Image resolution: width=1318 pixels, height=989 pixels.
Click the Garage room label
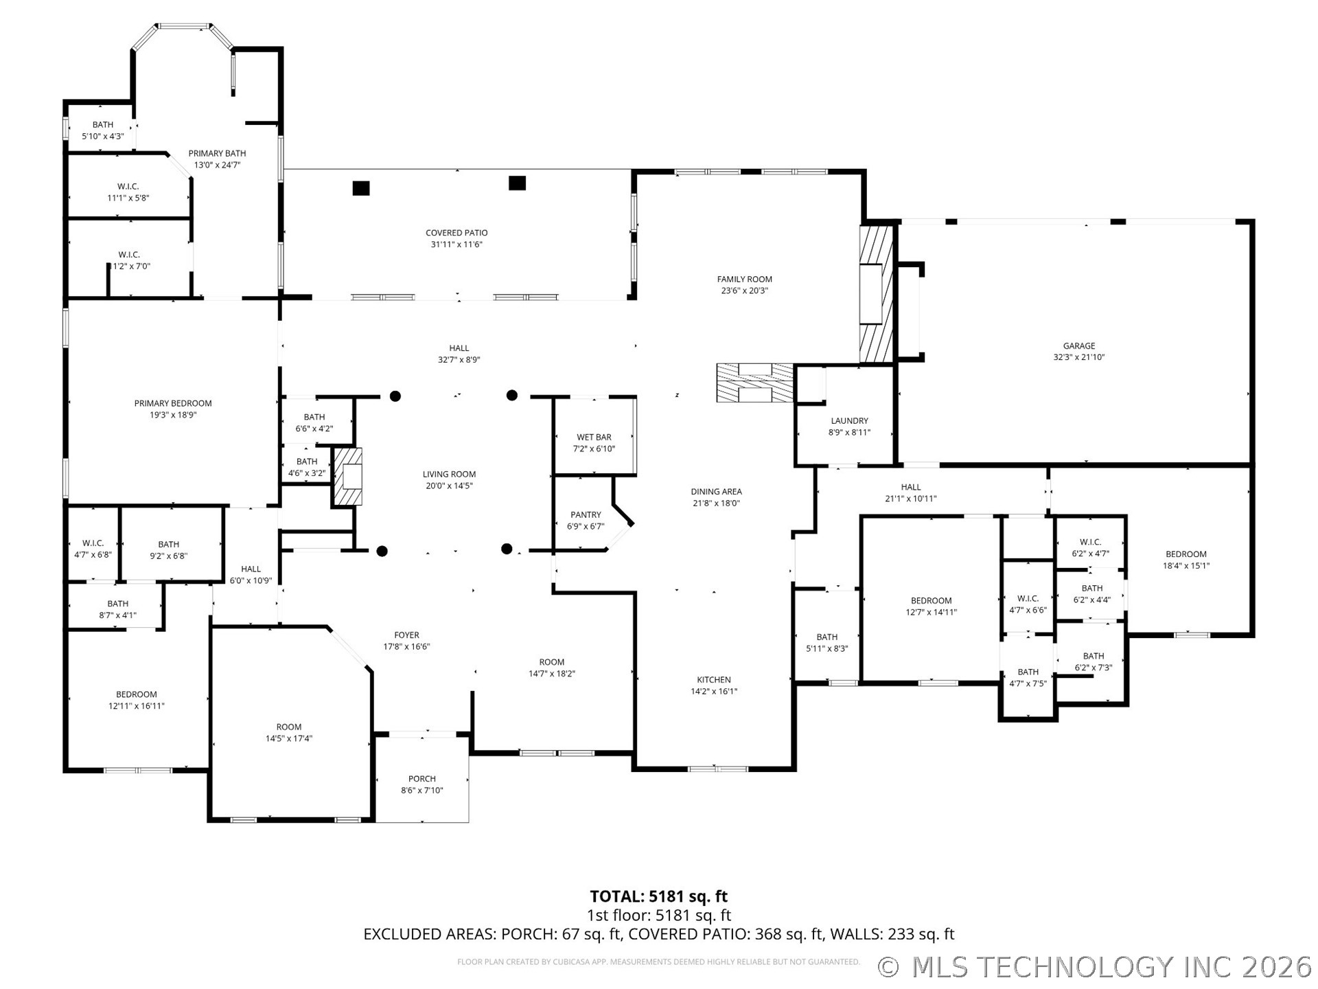1079,346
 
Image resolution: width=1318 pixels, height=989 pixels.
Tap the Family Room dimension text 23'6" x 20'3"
745,291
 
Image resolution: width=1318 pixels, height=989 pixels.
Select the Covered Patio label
456,233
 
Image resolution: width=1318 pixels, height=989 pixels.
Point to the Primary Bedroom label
173,403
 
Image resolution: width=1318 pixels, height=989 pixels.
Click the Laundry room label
850,421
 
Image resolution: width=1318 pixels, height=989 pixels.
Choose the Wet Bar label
594,437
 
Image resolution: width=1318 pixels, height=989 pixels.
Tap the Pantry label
586,515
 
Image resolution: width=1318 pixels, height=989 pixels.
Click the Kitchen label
714,680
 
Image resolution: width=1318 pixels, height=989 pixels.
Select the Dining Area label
716,492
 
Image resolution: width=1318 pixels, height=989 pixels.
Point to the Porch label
422,779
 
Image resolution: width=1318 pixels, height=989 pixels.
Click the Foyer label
406,635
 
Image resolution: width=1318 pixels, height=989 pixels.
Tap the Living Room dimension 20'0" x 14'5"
449,486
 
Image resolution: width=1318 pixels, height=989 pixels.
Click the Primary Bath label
217,153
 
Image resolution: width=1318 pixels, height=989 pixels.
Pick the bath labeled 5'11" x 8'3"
827,643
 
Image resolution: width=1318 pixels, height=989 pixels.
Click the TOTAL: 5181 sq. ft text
659,896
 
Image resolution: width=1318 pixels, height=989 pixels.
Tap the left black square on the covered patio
361,187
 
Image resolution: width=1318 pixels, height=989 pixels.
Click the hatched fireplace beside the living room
348,477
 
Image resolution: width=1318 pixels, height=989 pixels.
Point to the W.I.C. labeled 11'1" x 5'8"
128,192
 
